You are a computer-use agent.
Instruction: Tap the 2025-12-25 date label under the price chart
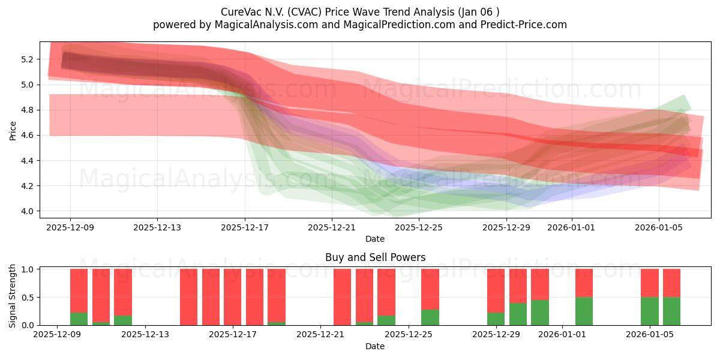coord(419,227)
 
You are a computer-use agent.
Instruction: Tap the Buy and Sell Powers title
coord(375,257)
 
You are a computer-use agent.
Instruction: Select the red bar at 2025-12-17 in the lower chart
coord(233,297)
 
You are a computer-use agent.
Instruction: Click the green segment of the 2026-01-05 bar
coord(650,311)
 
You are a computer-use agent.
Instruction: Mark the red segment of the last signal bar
coord(671,283)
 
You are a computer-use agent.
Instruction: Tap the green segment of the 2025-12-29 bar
coord(496,319)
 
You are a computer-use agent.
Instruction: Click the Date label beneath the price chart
coord(375,239)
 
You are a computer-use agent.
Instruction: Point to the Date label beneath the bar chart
coord(375,346)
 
